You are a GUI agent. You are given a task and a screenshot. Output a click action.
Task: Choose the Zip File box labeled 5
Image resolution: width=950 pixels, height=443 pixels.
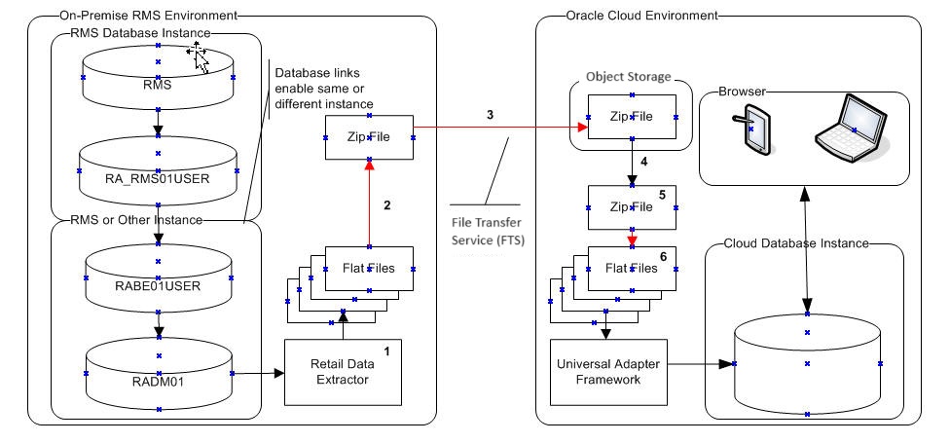point(631,206)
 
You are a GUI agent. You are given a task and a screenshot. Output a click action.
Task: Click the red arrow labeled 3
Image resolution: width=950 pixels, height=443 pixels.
point(496,127)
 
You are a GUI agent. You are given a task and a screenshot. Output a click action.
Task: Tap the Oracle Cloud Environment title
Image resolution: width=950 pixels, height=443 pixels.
point(640,16)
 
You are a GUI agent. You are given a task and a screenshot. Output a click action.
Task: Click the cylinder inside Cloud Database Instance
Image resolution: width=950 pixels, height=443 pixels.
point(807,363)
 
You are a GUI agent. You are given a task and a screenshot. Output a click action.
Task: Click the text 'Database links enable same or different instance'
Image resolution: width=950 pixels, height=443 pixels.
point(325,89)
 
